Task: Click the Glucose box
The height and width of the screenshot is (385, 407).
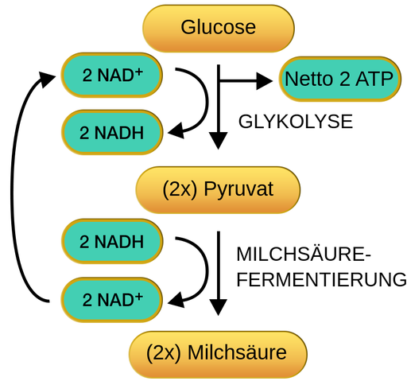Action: click(218, 28)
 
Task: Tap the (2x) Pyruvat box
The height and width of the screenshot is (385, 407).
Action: click(218, 190)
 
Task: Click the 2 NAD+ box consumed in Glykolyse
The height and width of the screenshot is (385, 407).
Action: click(112, 76)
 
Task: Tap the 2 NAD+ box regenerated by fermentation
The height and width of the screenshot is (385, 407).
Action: click(112, 299)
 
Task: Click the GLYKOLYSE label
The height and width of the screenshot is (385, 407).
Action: click(295, 123)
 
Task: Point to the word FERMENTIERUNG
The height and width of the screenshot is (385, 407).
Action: click(321, 280)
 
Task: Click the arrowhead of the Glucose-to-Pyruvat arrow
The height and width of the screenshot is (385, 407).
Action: click(218, 142)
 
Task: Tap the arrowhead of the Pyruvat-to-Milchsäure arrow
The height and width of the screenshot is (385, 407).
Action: click(218, 306)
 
